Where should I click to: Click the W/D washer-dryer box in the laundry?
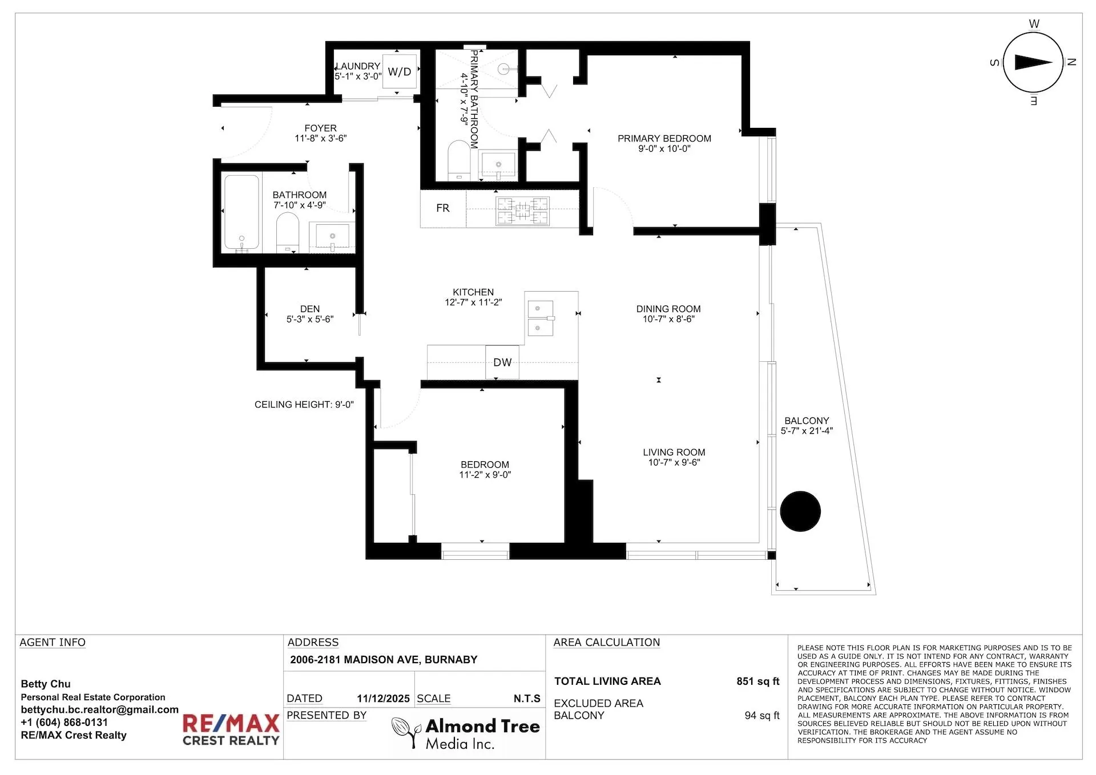[x=400, y=71]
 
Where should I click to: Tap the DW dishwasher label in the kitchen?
[x=502, y=362]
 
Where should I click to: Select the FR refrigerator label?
[x=443, y=208]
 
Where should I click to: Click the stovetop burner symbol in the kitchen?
[x=522, y=211]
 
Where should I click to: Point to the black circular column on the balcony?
[x=800, y=511]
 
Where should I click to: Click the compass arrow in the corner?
[x=1033, y=63]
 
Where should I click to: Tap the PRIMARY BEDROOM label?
[x=664, y=139]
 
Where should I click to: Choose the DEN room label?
[x=310, y=309]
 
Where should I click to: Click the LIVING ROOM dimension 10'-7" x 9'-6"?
[x=674, y=463]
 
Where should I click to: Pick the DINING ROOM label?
[x=668, y=309]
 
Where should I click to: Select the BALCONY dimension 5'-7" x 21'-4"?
[x=807, y=431]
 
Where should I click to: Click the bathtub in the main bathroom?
[x=241, y=213]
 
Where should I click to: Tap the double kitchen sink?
[x=540, y=318]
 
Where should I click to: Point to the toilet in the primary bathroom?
[x=458, y=160]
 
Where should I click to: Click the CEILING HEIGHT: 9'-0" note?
[x=304, y=405]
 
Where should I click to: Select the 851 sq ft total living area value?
[x=757, y=681]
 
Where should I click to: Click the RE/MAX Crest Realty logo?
[x=231, y=730]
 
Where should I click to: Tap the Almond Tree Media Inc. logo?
[x=466, y=733]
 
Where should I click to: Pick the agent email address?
[x=100, y=710]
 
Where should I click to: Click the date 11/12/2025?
[x=384, y=699]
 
